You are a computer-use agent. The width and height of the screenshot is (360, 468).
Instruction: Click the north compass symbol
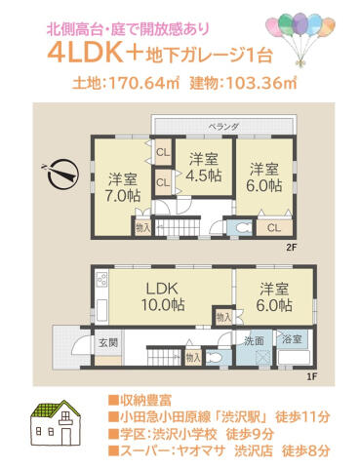[62, 175]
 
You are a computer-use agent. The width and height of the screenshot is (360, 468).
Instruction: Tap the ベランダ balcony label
[224, 127]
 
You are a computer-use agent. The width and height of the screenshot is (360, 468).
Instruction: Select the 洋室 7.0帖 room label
[123, 187]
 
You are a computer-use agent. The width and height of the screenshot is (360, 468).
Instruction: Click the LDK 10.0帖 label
[163, 296]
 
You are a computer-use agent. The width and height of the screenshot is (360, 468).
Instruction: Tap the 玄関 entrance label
[108, 342]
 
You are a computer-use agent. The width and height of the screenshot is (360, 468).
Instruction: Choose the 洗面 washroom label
[254, 341]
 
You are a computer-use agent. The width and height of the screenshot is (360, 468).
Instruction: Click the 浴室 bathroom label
[292, 339]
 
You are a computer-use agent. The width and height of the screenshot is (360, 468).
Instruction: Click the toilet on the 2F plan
[243, 227]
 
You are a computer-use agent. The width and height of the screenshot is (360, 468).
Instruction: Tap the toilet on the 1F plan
[215, 358]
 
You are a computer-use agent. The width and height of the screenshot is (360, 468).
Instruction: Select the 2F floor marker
[291, 248]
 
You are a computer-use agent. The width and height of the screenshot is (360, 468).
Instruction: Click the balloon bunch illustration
[300, 37]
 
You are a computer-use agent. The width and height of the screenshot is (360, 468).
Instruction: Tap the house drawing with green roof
[56, 423]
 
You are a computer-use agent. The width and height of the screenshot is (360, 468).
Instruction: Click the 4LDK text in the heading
[86, 55]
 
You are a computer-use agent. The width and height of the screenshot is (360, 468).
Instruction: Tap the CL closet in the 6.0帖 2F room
[274, 228]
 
